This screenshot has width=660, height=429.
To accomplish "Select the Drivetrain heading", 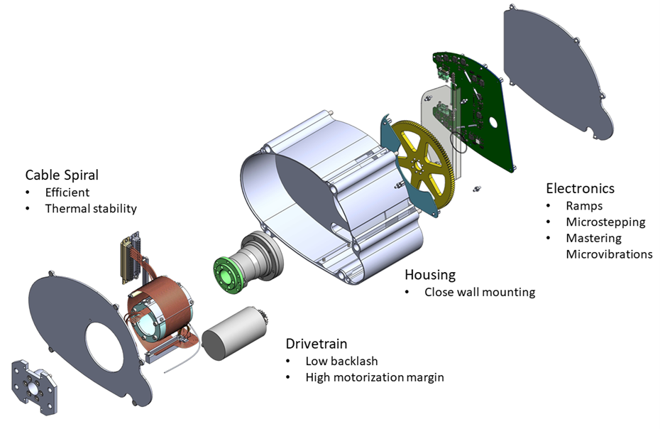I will (x=317, y=344).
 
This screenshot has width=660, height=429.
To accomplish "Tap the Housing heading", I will (x=430, y=274).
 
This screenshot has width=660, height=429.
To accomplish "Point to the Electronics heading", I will (x=580, y=188).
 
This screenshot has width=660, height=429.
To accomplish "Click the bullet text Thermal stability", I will (x=91, y=209).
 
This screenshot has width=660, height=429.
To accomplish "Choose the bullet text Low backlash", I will (x=341, y=361).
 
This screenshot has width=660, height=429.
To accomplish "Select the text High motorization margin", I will (x=374, y=377).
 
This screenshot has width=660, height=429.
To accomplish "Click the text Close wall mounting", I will (x=480, y=292).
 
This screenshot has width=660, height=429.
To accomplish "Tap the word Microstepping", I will (x=605, y=222).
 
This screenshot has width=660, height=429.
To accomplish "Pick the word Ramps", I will (x=583, y=205).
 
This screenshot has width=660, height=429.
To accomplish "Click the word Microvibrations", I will (x=609, y=254).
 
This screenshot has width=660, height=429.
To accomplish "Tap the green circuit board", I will (x=483, y=107).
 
